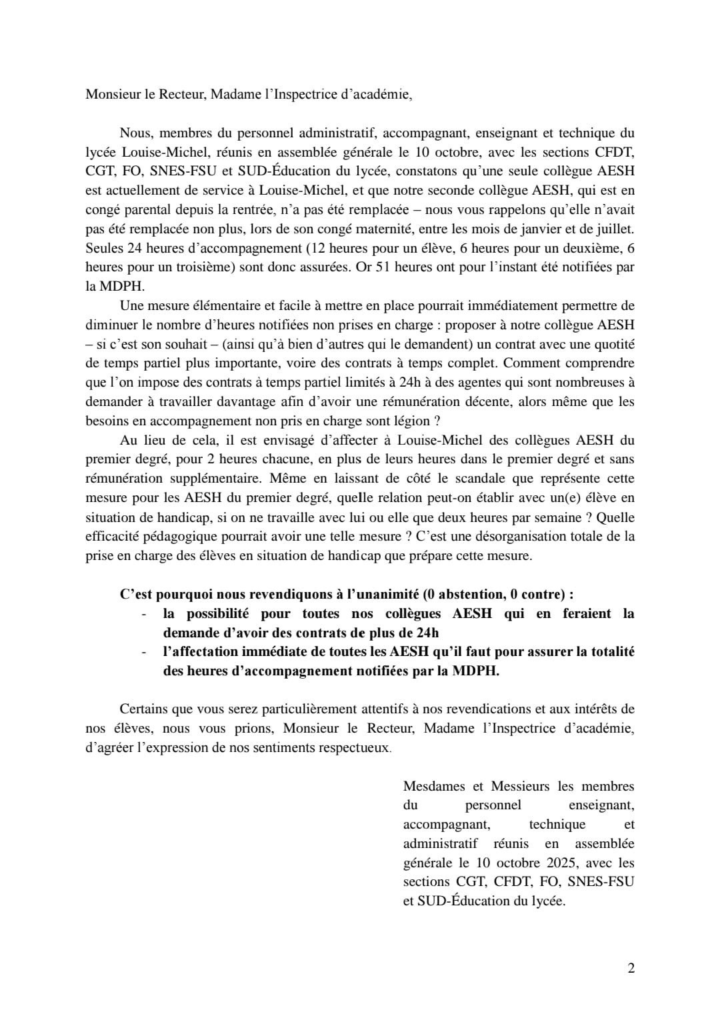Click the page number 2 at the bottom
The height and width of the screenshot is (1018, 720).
tap(631, 968)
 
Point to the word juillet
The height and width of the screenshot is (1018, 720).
tap(615, 229)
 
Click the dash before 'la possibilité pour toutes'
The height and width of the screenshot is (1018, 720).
tap(144, 613)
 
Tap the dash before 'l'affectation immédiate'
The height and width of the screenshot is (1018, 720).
tap(144, 651)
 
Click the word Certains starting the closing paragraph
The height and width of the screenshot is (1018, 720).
tap(143, 709)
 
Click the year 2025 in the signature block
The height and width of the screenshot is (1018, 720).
tap(560, 863)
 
